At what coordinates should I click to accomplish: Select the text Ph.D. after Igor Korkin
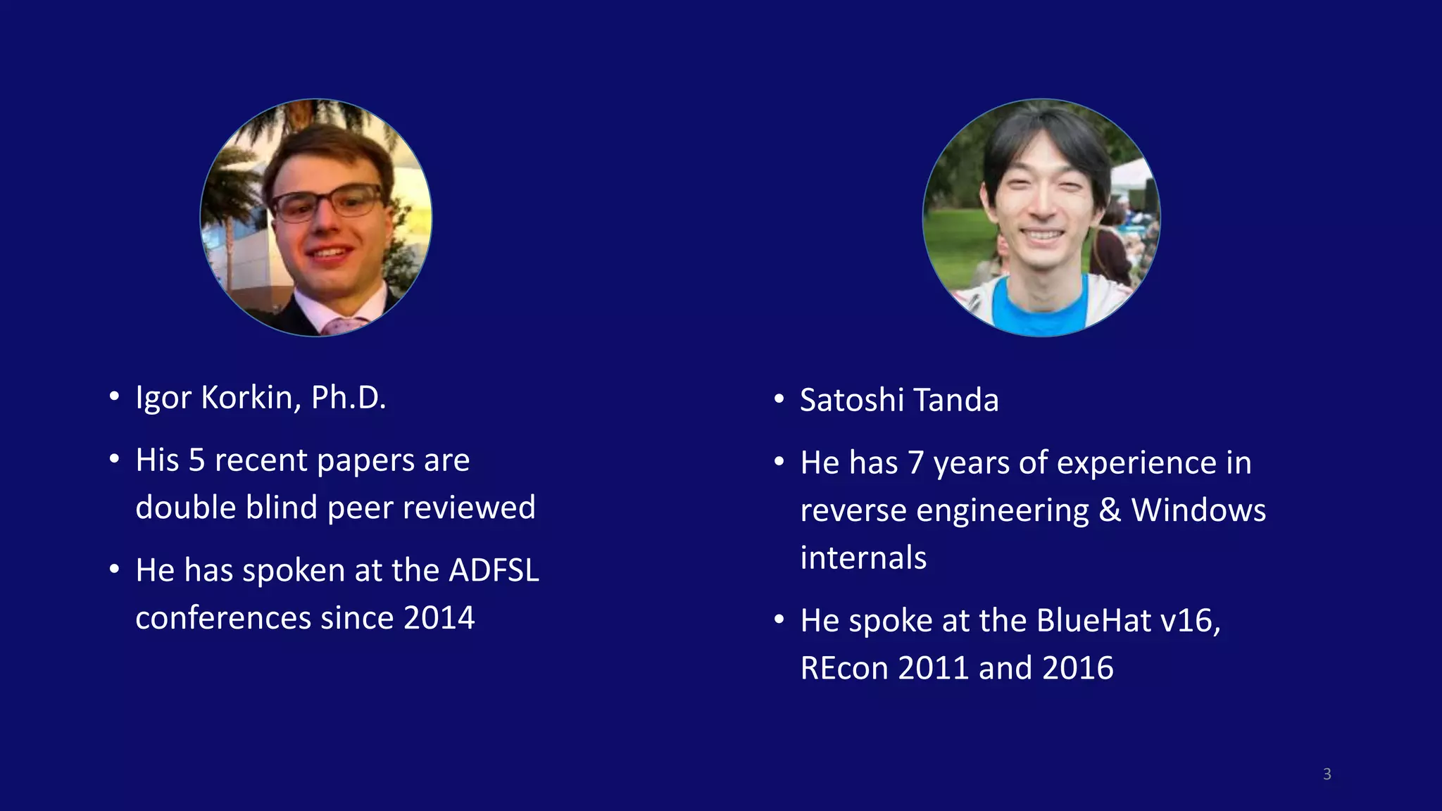coord(349,398)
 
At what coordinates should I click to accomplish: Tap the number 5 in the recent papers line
coord(196,460)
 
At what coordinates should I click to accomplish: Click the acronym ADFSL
coord(494,570)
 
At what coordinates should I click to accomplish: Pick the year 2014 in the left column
coord(439,618)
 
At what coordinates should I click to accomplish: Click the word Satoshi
coord(852,400)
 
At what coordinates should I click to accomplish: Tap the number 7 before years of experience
coord(915,463)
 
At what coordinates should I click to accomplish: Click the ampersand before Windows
coord(1110,510)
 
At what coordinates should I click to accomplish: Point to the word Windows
coord(1198,510)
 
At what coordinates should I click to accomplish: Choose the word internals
coord(863,558)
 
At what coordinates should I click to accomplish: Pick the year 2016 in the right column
coord(1078,668)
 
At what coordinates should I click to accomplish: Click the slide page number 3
coord(1327,774)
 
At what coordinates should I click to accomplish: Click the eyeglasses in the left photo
coord(327,204)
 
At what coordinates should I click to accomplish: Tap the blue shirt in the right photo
coord(1040,307)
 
